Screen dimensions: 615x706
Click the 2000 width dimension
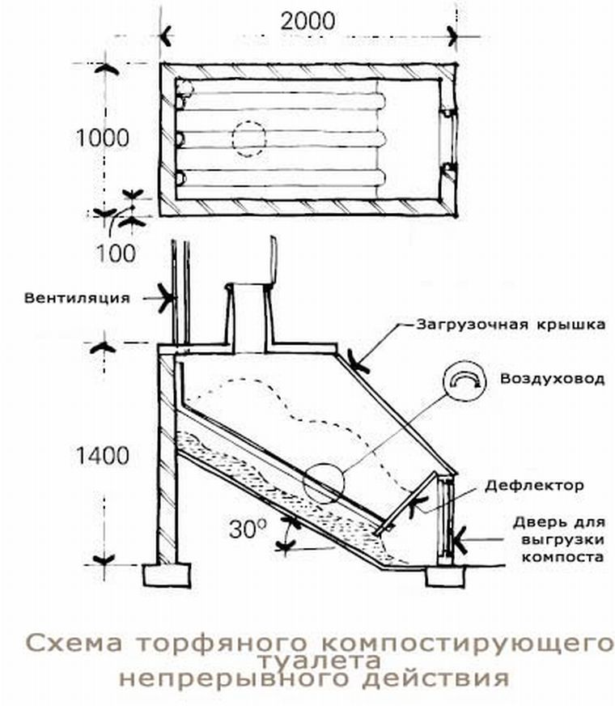click(307, 22)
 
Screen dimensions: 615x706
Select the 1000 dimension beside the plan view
click(103, 138)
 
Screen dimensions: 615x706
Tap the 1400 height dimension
click(103, 455)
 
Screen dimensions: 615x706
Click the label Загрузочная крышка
click(511, 325)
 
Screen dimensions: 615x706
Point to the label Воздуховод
click(552, 379)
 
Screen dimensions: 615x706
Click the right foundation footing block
click(444, 575)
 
